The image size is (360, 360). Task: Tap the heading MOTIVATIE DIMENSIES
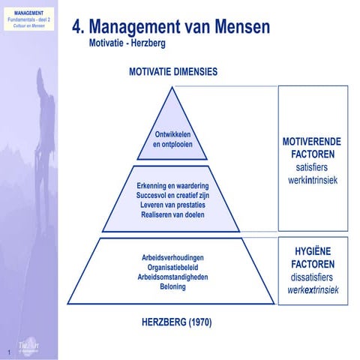coord(173,72)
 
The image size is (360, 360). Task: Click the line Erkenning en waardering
coord(173,185)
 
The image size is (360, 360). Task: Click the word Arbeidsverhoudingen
coord(173,257)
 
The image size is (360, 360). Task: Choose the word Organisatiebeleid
coord(173,267)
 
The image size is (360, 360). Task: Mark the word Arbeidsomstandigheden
coord(173,277)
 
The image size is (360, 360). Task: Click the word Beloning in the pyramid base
coord(173,286)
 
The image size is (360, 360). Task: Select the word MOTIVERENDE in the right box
coord(313,141)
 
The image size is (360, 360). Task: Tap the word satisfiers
coord(313,167)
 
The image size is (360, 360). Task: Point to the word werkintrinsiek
coord(313,181)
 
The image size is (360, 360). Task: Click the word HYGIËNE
coord(313,251)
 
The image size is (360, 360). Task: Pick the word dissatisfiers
coord(313,277)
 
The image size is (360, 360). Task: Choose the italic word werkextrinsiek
coord(313,289)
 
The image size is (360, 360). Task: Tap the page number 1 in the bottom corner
coord(7,352)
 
